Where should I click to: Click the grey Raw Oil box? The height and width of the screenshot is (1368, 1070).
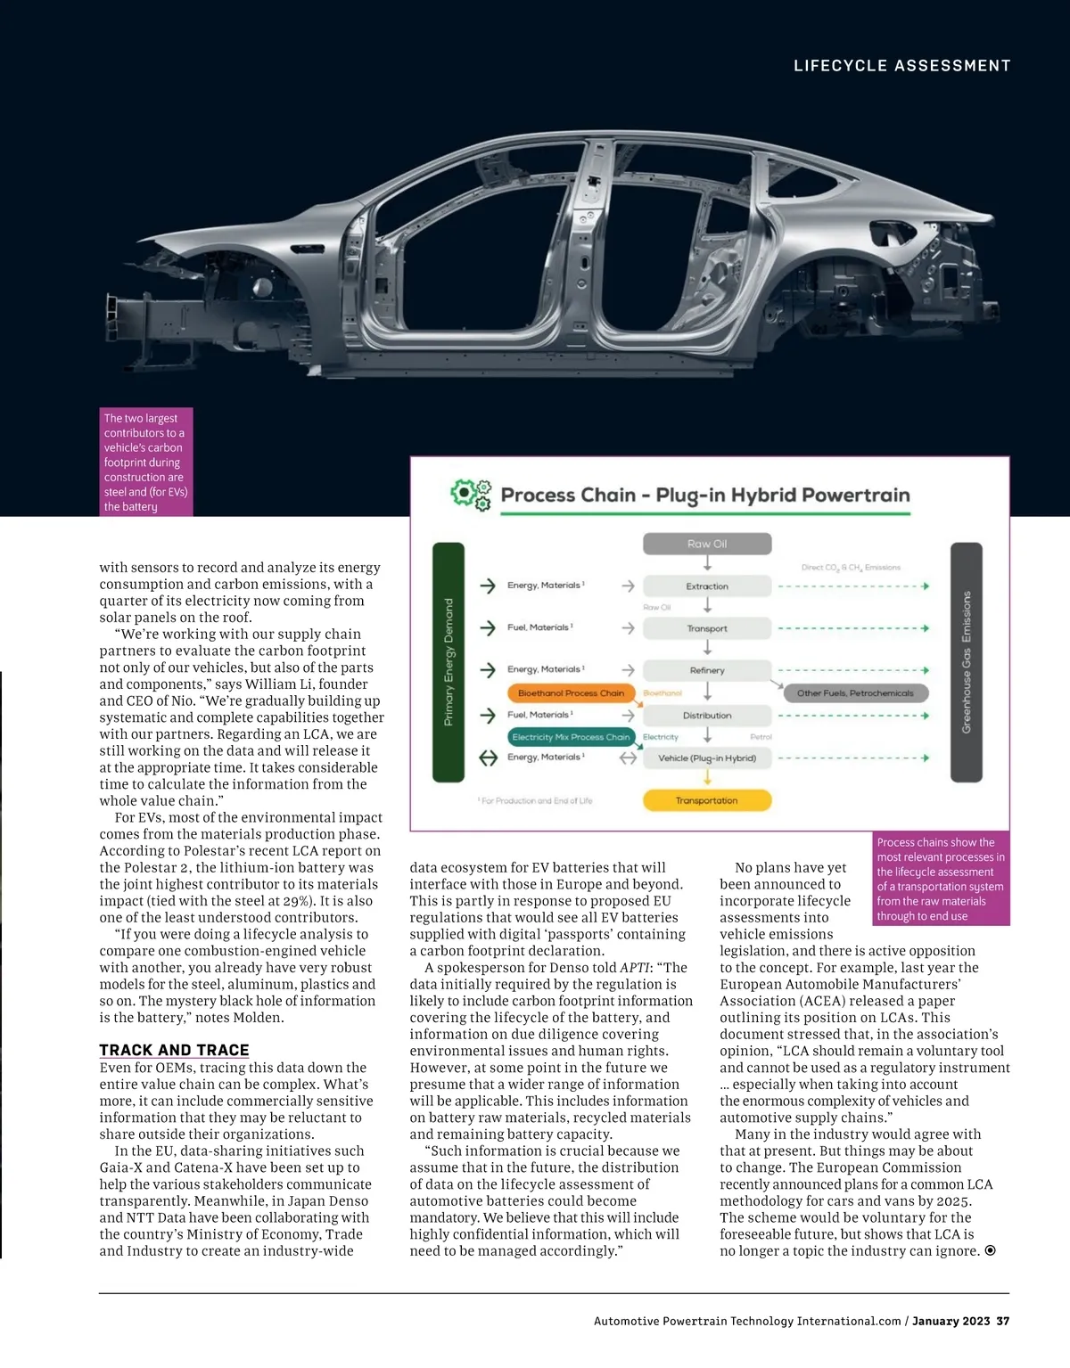[x=706, y=544]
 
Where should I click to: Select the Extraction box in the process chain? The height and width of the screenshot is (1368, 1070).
[x=706, y=586]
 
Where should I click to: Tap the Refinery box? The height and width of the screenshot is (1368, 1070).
[x=706, y=670]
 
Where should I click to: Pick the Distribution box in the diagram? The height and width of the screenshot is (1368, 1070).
[x=706, y=716]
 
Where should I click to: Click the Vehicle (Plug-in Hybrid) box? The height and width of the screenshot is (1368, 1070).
[x=706, y=758]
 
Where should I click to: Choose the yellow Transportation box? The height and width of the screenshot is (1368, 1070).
[x=706, y=800]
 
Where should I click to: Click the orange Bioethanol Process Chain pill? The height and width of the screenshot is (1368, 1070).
[x=571, y=693]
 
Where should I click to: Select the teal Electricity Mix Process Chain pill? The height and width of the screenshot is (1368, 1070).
[x=571, y=737]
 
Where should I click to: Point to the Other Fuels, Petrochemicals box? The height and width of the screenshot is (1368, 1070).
[x=855, y=693]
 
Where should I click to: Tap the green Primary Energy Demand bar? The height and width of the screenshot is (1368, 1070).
[x=449, y=661]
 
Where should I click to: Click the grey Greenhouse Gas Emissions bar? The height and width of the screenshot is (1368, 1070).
[x=967, y=661]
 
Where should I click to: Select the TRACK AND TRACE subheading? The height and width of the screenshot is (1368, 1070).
[x=174, y=1050]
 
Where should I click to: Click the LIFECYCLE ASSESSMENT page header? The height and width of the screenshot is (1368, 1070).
[x=901, y=66]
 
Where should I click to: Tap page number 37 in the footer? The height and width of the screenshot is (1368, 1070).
[x=1003, y=1321]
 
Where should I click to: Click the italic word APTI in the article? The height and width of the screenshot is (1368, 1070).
[x=635, y=968]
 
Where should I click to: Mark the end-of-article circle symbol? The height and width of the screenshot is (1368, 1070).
[x=990, y=1251]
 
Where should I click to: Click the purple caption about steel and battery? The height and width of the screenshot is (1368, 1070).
[x=145, y=462]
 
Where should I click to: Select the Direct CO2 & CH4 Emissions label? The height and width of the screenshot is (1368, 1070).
[x=851, y=568]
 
